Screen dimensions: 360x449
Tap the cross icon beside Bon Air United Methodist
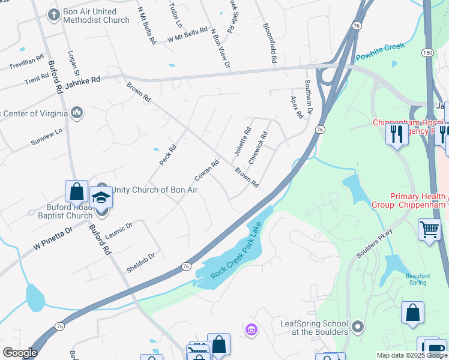(53, 13)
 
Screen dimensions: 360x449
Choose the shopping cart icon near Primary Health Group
(430, 229)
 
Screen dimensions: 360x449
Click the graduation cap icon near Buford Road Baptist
(101, 196)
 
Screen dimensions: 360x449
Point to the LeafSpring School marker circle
(358, 327)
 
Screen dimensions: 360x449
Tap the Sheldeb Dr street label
(140, 263)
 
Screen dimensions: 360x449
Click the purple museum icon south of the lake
(251, 329)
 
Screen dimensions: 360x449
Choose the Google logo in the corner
(20, 353)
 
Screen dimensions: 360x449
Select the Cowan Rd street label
(206, 171)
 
